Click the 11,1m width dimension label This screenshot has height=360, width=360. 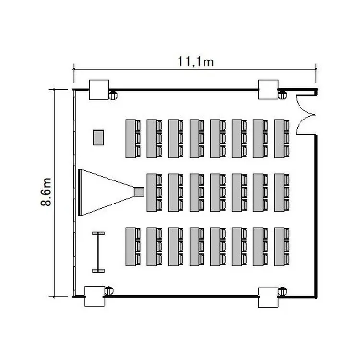click(x=196, y=61)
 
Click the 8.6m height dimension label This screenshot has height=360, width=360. click(x=46, y=192)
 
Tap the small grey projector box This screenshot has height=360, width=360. click(x=139, y=192)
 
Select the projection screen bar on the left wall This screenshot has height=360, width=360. click(x=80, y=192)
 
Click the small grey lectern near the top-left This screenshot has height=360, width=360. click(x=98, y=137)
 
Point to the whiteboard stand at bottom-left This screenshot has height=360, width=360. click(x=98, y=252)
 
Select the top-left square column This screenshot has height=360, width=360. click(x=99, y=90)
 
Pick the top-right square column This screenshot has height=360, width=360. click(x=268, y=90)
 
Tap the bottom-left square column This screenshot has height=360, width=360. click(x=95, y=296)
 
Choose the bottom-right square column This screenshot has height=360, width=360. click(x=268, y=298)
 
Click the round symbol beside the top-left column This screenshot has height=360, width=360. click(x=113, y=96)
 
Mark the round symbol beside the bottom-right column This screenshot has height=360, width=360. click(x=282, y=291)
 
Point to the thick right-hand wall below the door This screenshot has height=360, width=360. click(x=316, y=216)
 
